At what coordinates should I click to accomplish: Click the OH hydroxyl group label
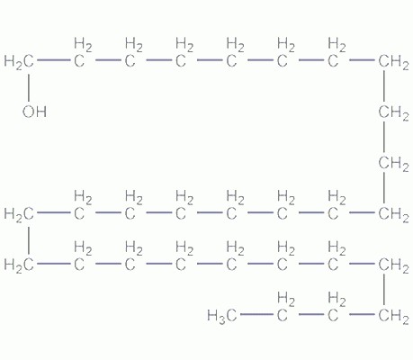34,112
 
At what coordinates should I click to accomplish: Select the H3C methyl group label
222,316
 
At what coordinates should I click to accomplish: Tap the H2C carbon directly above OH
19,62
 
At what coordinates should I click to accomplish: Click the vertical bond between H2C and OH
29,87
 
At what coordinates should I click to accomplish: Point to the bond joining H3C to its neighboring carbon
257,314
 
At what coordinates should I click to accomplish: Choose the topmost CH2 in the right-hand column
393,62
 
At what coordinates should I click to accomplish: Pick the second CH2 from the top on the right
393,112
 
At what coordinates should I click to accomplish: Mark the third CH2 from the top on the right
393,164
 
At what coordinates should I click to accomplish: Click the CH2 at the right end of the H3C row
393,316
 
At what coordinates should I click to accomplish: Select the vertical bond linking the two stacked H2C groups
29,240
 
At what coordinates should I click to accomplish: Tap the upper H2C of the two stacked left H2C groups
19,214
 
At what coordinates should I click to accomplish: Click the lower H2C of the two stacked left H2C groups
19,265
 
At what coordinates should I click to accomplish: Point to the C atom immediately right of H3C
282,316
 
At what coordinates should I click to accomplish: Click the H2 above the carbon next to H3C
286,299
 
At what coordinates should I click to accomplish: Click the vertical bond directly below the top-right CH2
384,87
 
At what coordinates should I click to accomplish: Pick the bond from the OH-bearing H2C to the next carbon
54,60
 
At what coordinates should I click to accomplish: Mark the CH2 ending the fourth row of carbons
393,265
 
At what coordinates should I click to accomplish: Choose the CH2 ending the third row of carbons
393,214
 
